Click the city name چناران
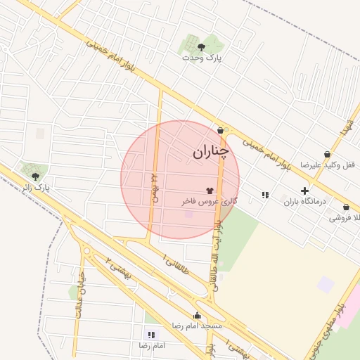point(210,151)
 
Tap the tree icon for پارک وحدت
point(202,47)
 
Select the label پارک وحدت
point(202,58)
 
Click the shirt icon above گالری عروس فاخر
point(210,190)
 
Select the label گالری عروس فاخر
point(210,201)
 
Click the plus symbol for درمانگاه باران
point(304,191)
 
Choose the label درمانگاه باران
point(305,202)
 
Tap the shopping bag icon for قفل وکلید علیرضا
point(327,154)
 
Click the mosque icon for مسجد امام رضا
point(197,316)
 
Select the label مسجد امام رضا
point(197,327)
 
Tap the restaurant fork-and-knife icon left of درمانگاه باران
point(264,195)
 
